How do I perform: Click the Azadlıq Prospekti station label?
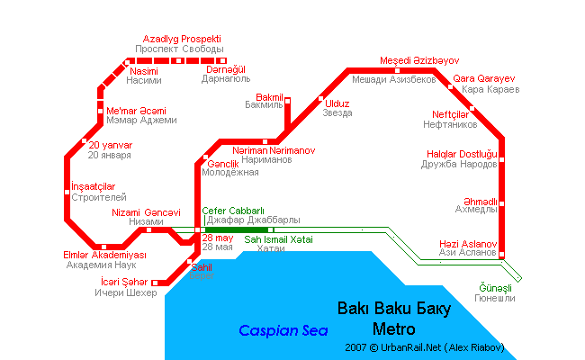coord(181,40)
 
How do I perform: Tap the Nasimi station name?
coord(144,70)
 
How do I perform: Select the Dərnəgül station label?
coord(225,69)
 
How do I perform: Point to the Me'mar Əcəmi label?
coord(135,110)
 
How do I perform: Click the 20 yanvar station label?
coord(110,145)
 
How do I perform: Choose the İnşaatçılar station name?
coord(94,186)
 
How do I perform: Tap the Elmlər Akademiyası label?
coord(104,255)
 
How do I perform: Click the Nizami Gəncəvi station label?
coord(139,212)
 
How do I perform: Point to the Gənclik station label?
coord(222,164)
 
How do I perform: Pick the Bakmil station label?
coord(270,96)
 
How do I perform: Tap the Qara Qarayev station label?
coord(484,78)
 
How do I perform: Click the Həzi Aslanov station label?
coord(467,244)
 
